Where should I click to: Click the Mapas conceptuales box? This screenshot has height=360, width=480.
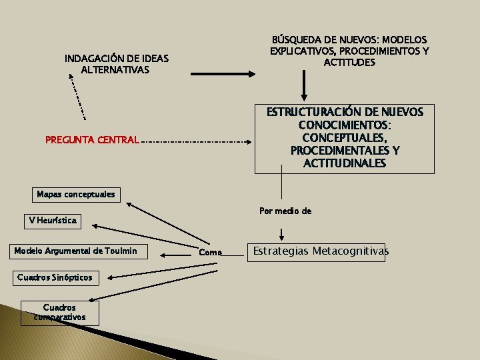click(76, 195)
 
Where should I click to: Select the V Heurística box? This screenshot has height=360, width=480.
click(53, 220)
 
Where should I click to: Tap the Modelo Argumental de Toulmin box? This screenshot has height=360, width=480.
click(75, 251)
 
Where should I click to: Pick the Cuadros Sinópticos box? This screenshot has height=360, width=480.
click(55, 277)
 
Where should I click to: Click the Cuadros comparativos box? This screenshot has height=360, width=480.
click(59, 313)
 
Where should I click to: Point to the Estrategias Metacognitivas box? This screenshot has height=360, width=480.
click(319, 251)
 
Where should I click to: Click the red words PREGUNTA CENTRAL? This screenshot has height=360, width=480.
click(92, 141)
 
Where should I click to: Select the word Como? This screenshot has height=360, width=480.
click(210, 252)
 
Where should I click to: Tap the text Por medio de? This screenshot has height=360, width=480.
click(285, 211)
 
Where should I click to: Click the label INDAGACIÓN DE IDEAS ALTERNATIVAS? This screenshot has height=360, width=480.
click(117, 64)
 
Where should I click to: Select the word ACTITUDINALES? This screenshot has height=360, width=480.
click(345, 163)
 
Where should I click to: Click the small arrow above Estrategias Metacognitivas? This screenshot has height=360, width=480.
click(282, 233)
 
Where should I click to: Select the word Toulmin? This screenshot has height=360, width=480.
click(121, 251)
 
